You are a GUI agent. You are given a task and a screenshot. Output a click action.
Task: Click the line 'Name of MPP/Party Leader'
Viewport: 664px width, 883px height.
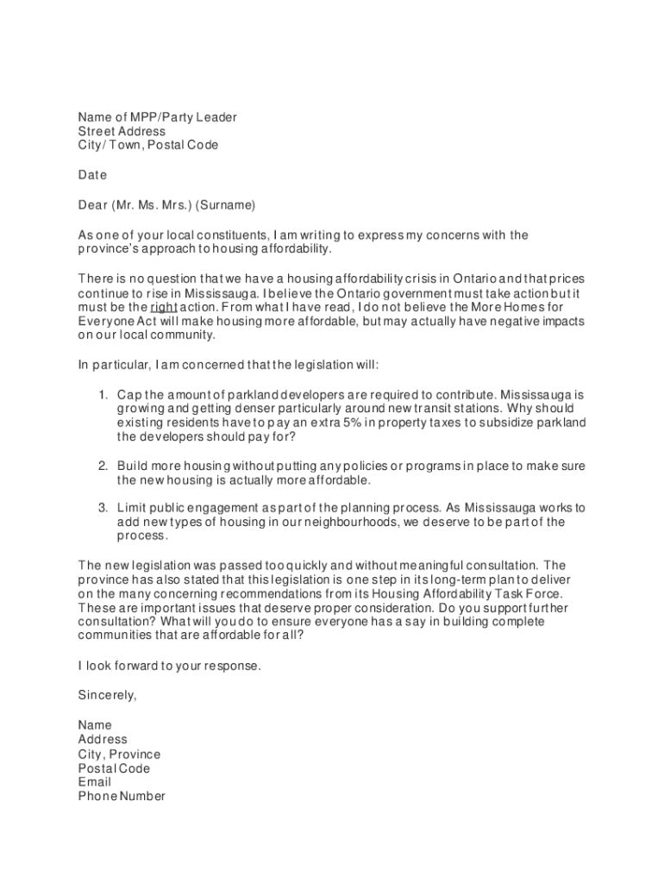click(157, 117)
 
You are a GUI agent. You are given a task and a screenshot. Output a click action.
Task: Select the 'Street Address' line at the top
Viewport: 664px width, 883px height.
click(122, 131)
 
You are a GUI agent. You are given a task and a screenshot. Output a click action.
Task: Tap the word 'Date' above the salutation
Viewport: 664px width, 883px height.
click(92, 175)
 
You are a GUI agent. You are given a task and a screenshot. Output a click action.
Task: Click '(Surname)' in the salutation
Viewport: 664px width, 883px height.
click(226, 205)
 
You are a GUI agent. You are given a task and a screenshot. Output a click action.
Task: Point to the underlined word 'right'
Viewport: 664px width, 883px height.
click(164, 306)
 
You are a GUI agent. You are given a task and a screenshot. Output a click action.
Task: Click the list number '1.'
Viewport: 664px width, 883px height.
click(102, 394)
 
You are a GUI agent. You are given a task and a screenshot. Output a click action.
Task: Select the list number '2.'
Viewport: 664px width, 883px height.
click(102, 466)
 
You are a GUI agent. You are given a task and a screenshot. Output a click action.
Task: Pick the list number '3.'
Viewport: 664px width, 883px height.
click(102, 508)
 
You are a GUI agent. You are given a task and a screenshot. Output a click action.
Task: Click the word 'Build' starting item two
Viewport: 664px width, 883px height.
click(133, 466)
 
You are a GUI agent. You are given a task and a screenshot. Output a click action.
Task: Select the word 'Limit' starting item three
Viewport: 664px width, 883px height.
click(132, 508)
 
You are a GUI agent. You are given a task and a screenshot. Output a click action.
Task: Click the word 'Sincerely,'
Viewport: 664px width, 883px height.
click(108, 694)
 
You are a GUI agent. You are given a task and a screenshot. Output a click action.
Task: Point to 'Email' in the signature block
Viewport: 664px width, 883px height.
click(95, 782)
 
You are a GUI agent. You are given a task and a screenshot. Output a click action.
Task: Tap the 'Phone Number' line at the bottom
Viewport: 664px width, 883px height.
click(122, 797)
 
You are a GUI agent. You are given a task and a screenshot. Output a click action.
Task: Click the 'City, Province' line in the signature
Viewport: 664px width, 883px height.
click(119, 755)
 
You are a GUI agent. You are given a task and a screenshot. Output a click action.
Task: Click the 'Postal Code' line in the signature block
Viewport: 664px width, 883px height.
click(114, 768)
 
